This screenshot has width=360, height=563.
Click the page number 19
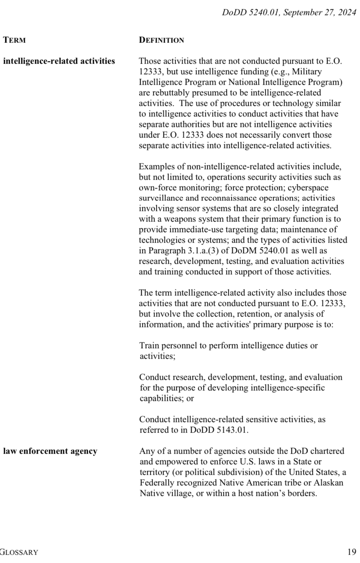[351, 552]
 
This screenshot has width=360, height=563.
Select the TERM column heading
[14, 40]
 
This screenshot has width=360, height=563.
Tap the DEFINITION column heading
[161, 40]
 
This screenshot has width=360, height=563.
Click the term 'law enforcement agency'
[50, 451]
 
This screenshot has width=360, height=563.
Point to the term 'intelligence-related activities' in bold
[59, 61]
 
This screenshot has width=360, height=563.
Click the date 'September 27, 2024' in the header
[319, 12]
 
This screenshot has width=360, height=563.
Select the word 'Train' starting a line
[149, 346]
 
